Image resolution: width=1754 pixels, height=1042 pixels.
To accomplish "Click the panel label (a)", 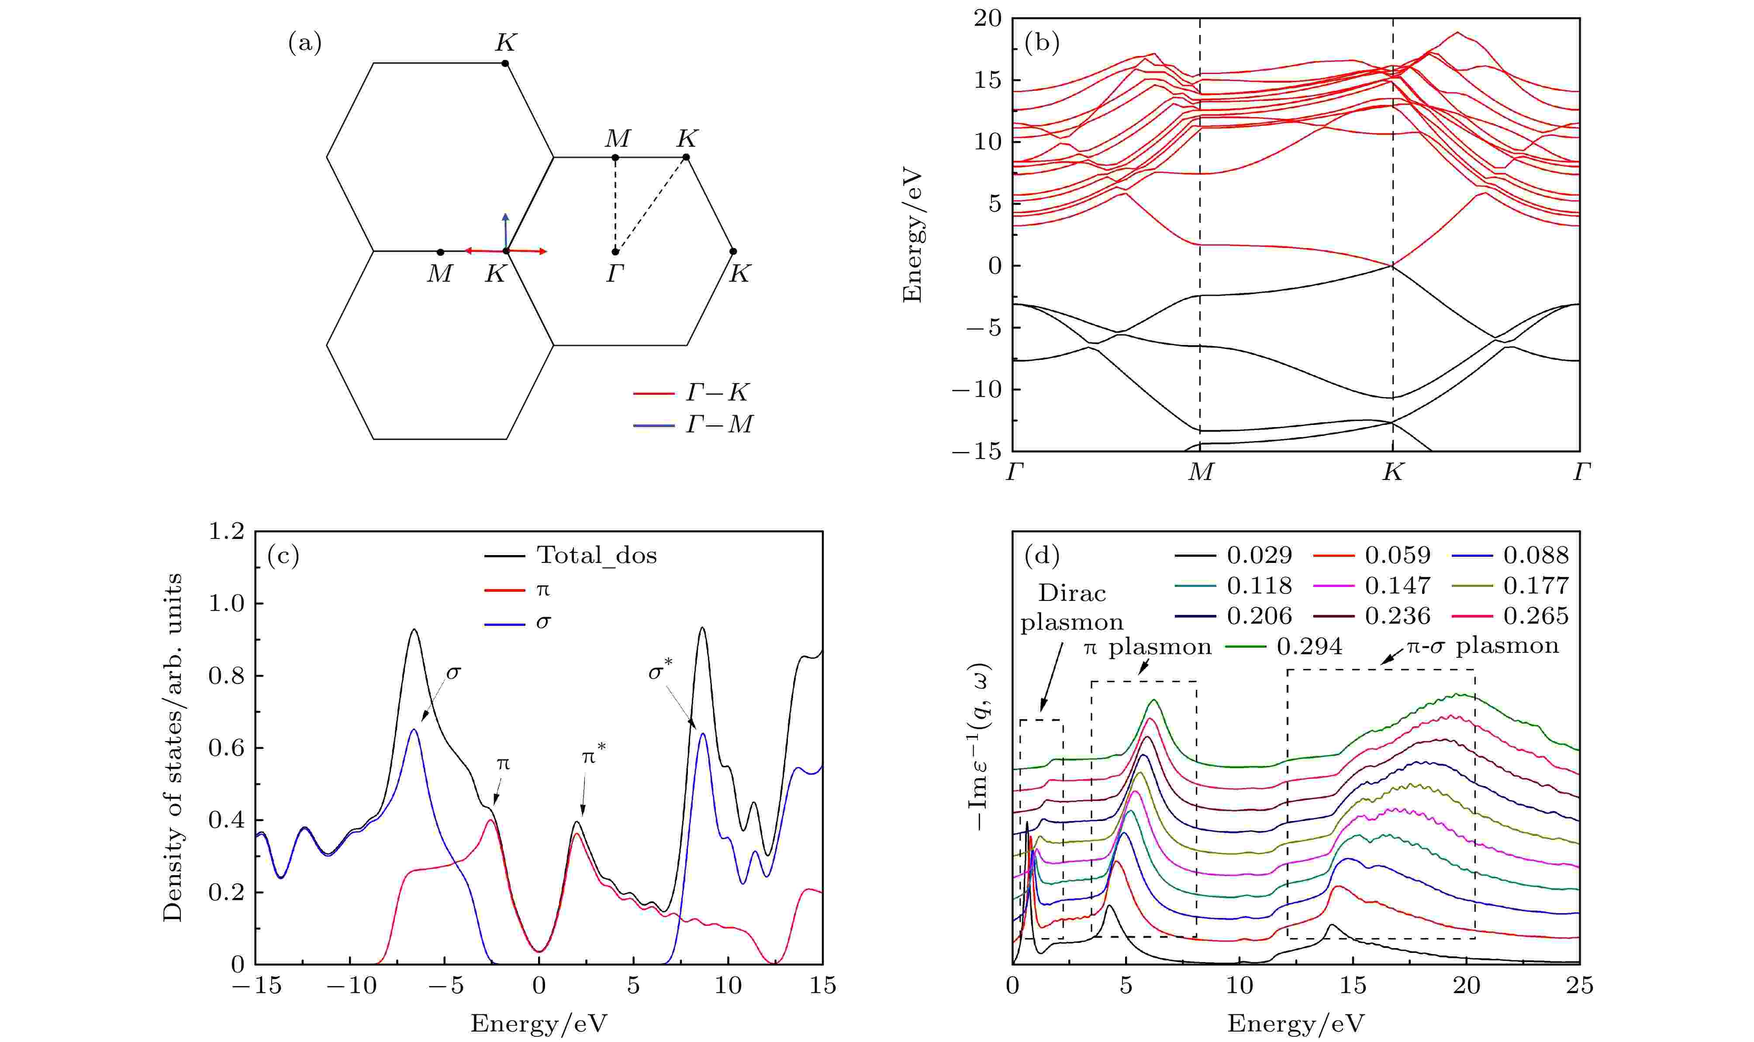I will point(305,44).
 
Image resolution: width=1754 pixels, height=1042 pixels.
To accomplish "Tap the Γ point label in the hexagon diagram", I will point(615,273).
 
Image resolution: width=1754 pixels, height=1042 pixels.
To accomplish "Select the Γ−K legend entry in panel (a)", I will point(716,393).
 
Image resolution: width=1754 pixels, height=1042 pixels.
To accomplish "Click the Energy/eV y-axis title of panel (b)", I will point(912,235).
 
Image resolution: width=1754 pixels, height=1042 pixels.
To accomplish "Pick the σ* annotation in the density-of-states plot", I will point(660,672).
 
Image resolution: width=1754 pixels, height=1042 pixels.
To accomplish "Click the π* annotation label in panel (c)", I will point(594,756).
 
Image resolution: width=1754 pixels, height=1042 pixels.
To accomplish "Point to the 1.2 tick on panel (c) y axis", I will point(226,531).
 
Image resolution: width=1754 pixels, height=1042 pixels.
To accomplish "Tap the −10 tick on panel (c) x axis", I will point(352,986).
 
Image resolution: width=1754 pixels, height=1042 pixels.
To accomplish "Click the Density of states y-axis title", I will point(173,747).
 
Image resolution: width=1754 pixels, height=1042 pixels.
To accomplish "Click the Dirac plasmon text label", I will point(1071,608).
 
